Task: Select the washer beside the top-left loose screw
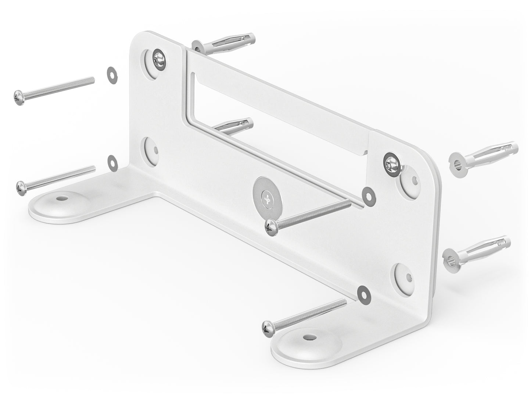110,71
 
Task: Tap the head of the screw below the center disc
270,226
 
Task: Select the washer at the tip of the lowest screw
363,291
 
